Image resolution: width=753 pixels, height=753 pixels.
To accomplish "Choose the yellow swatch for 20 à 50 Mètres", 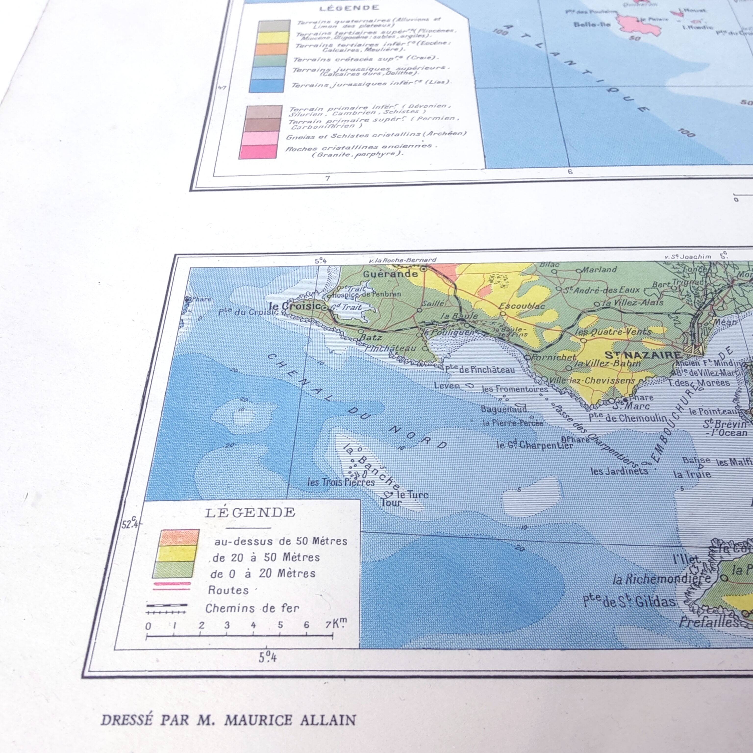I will pos(177,553).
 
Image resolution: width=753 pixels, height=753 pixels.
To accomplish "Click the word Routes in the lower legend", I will pos(228,590).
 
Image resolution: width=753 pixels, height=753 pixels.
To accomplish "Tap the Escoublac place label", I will pos(522,306).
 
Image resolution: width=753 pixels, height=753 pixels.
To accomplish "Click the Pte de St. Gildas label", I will pos(629,601).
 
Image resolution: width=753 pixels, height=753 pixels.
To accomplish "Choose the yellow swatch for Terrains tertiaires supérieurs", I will pos(274,38).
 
